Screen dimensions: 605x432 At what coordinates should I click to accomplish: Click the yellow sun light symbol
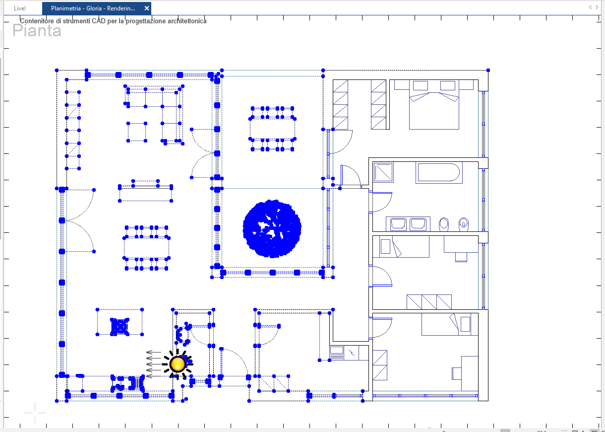[x=178, y=364]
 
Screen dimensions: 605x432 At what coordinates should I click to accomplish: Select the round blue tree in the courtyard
[x=272, y=228]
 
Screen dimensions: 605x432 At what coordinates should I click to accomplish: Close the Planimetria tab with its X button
[x=147, y=8]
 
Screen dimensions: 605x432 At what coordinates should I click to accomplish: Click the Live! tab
[x=20, y=8]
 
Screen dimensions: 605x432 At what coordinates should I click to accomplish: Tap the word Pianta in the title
[x=37, y=30]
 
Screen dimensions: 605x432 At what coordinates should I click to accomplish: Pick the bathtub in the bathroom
[x=439, y=172]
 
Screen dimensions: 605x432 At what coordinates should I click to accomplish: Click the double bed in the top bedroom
[x=434, y=105]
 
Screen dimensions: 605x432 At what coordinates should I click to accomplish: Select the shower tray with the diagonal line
[x=383, y=172]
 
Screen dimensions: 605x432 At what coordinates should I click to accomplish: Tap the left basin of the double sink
[x=398, y=224]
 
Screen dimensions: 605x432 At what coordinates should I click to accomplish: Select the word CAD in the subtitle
[x=99, y=21]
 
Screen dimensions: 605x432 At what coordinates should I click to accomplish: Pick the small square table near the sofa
[x=137, y=132]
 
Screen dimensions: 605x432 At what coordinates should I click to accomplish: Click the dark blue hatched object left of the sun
[x=120, y=327]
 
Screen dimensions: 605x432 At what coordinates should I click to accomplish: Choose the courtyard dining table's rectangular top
[x=272, y=129]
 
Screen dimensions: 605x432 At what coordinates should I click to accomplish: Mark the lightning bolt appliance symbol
[x=352, y=353]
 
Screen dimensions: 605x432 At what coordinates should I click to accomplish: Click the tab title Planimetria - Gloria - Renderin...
[x=93, y=8]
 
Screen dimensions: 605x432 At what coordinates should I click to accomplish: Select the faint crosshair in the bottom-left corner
[x=35, y=413]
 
